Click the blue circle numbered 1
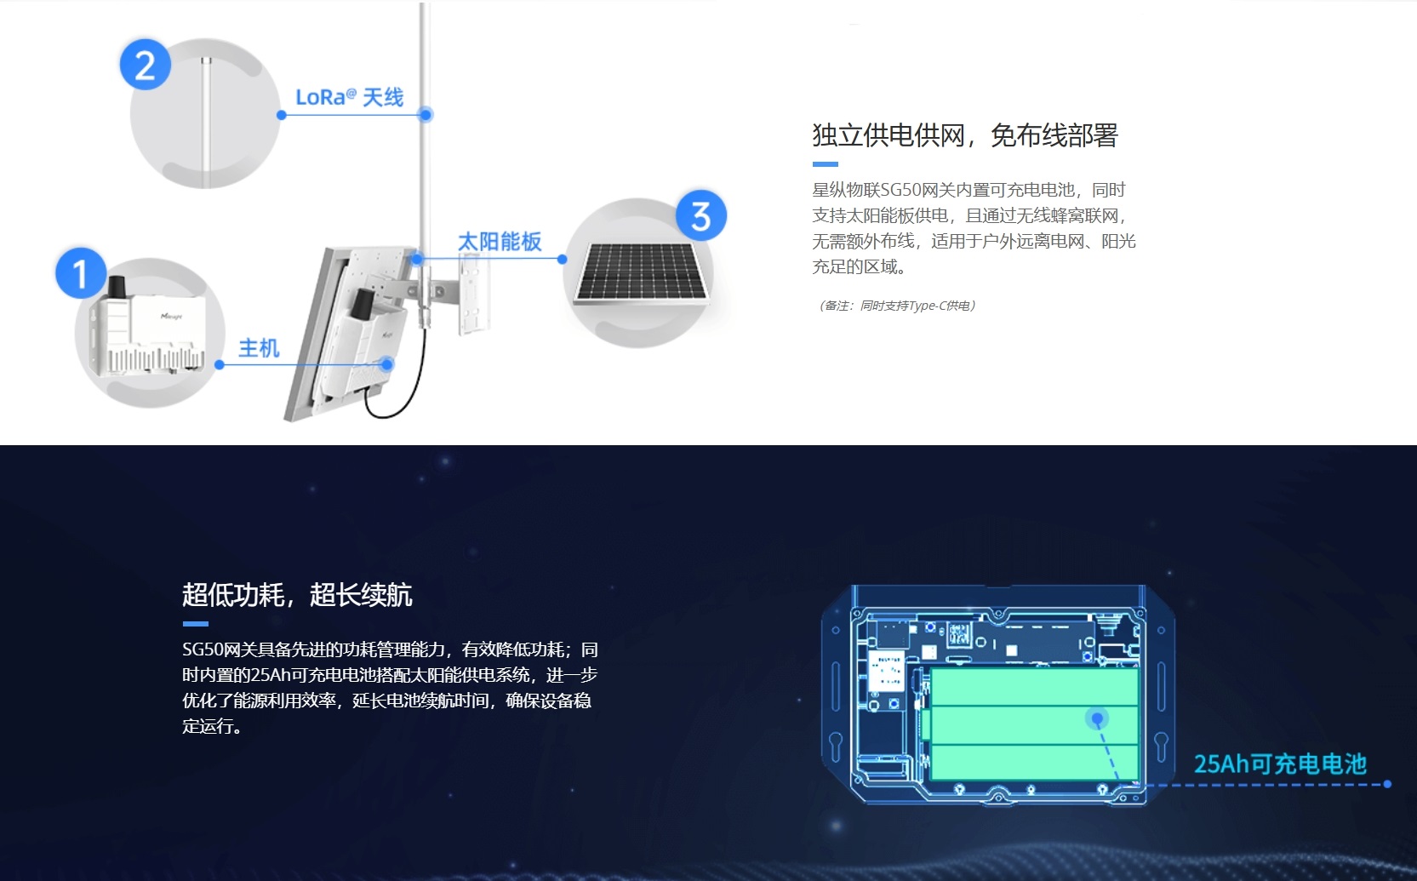tap(80, 272)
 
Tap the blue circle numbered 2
tap(145, 65)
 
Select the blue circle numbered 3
tap(701, 215)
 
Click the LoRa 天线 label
tap(349, 98)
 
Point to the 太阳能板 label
tap(499, 241)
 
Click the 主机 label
tap(259, 347)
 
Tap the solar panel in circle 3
tap(641, 272)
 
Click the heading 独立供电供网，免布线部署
tap(965, 135)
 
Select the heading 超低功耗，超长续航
tap(297, 595)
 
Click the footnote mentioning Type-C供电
tap(897, 306)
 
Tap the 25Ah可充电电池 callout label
tap(1280, 764)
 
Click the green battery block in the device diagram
tap(1035, 724)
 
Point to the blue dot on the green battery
tap(1098, 718)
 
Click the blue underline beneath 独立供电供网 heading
tap(825, 164)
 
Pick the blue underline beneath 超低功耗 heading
tap(196, 623)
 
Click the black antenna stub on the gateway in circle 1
tap(117, 287)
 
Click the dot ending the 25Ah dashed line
tap(1387, 784)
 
